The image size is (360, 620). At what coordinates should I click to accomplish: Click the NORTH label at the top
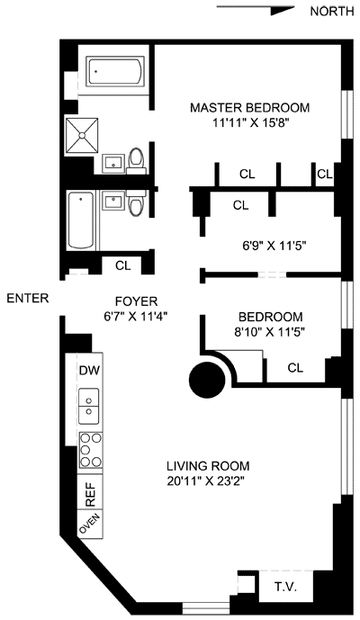[x=331, y=12]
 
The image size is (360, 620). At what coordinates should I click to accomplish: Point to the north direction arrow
[x=256, y=10]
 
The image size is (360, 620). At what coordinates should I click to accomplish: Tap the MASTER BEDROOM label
[x=249, y=108]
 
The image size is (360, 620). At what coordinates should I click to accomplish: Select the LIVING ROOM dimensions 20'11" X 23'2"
[x=208, y=481]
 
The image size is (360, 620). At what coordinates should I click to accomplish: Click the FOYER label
[x=136, y=301]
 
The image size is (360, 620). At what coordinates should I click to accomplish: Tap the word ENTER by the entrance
[x=28, y=298]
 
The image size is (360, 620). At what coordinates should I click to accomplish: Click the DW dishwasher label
[x=90, y=371]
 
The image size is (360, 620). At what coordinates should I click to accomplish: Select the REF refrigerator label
[x=91, y=494]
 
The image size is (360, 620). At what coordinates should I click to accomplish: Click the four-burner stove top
[x=91, y=450]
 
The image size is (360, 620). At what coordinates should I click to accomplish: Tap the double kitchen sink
[x=88, y=406]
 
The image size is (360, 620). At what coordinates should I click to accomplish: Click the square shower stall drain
[x=82, y=135]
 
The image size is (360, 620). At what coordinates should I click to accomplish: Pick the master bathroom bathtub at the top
[x=114, y=72]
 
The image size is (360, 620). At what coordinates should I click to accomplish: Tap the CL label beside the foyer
[x=123, y=265]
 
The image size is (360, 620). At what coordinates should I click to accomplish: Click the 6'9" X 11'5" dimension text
[x=274, y=246]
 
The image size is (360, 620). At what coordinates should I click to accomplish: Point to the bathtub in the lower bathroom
[x=81, y=220]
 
